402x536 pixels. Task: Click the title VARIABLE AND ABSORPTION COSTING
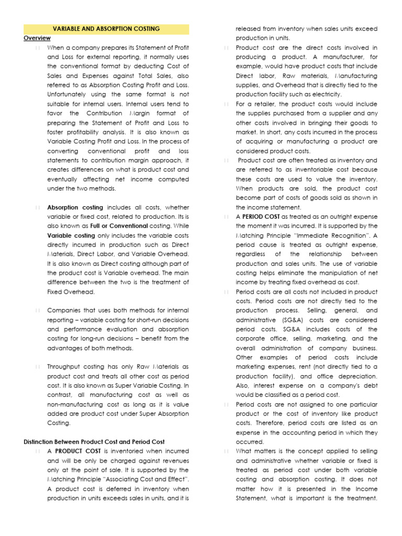click(x=106, y=29)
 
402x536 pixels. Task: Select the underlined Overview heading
click(x=37, y=38)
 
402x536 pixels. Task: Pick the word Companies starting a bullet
click(x=64, y=310)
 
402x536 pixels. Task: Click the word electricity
click(x=326, y=94)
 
